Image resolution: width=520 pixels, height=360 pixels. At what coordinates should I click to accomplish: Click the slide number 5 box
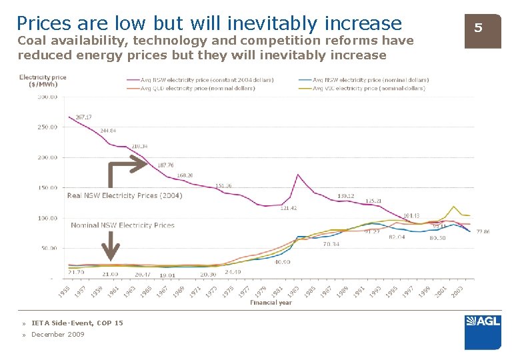click(x=477, y=28)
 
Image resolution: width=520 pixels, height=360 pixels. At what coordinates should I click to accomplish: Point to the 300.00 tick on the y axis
click(x=47, y=97)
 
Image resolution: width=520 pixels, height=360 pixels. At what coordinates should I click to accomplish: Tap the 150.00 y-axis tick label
click(x=47, y=188)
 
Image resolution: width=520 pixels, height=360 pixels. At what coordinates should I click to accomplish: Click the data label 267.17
click(x=84, y=117)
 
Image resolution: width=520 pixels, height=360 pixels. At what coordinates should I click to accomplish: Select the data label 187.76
click(x=165, y=165)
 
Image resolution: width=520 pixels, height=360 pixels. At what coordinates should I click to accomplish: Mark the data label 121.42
click(x=288, y=208)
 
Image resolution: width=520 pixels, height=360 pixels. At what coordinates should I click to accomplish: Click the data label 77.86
click(x=483, y=231)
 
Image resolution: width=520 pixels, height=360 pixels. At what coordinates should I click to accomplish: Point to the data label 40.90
click(x=283, y=262)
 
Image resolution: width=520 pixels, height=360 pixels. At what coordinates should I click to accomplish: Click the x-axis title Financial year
click(x=271, y=303)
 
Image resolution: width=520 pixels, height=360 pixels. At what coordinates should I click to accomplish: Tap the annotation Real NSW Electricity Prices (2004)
click(x=125, y=195)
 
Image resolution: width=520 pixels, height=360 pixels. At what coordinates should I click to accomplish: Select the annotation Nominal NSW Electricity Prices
click(x=123, y=225)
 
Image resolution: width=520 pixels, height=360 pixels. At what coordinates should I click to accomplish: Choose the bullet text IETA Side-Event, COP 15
click(x=77, y=323)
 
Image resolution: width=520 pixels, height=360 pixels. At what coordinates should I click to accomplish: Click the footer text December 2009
click(x=58, y=335)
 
